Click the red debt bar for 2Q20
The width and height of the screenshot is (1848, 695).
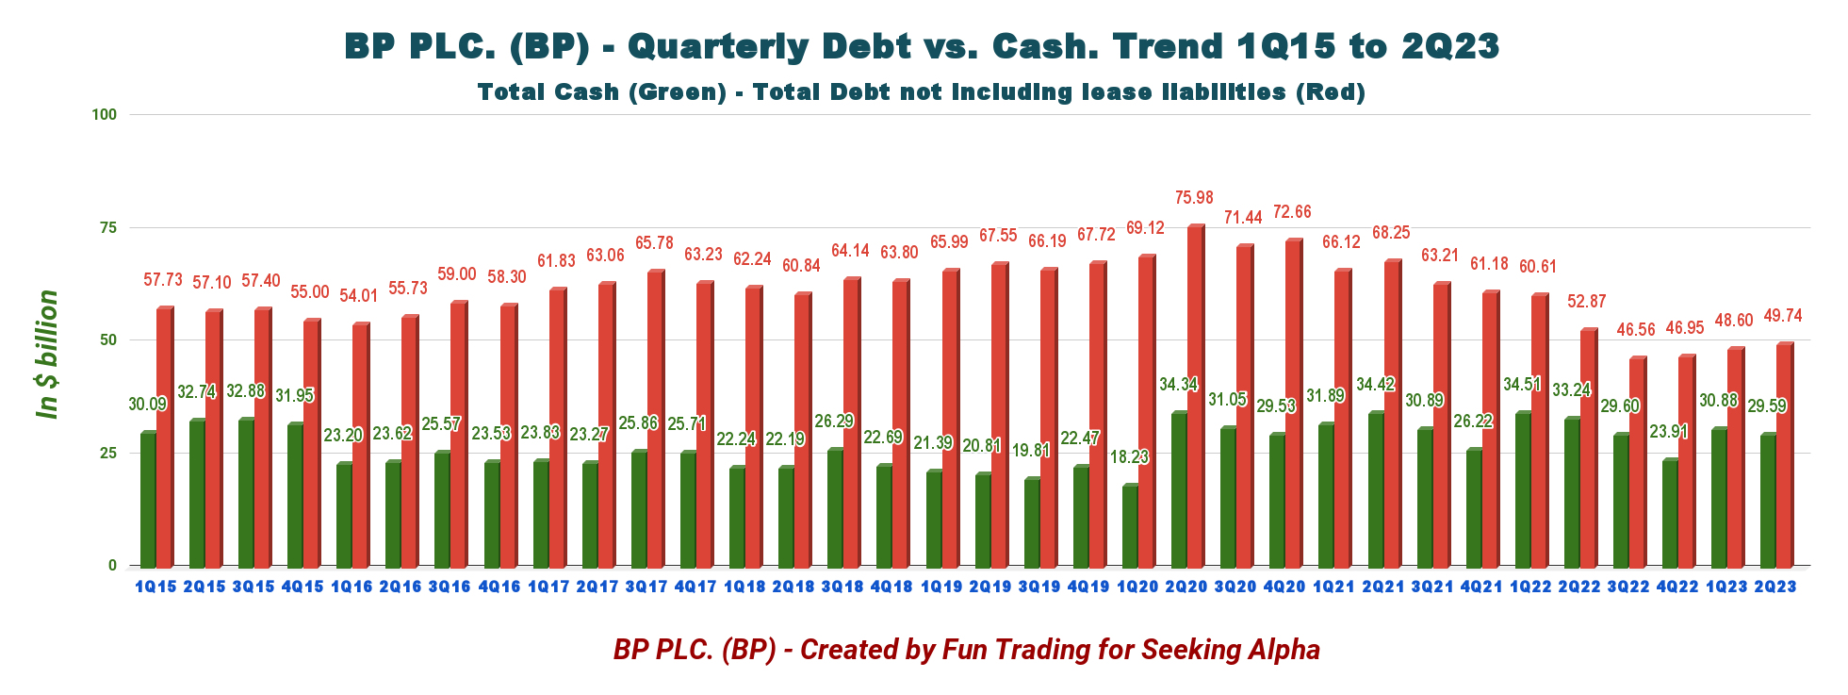click(1196, 396)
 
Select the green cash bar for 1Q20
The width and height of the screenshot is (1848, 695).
click(1130, 526)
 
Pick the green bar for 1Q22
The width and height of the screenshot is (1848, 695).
click(1523, 489)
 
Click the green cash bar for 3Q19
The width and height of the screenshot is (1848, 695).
click(1032, 522)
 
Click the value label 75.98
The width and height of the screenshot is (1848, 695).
click(1194, 198)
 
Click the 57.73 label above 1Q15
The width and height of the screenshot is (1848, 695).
click(163, 280)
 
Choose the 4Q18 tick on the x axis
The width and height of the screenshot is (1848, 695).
click(891, 587)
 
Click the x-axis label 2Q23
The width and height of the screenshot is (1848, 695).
click(1775, 587)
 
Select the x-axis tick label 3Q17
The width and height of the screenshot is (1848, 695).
click(646, 587)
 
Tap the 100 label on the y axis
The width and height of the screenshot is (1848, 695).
click(104, 115)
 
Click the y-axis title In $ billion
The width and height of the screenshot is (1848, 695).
click(47, 355)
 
